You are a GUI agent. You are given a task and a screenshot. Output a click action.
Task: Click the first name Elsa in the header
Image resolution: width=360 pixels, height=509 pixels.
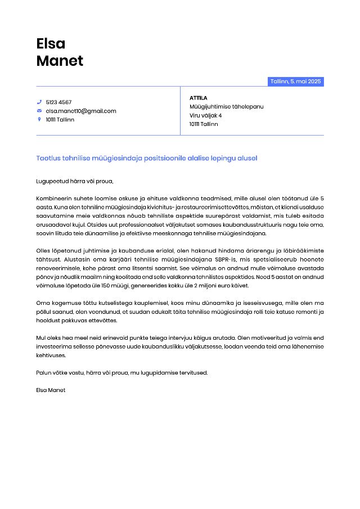[x=51, y=43]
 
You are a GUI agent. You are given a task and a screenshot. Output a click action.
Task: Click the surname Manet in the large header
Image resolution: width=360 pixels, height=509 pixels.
[x=60, y=61]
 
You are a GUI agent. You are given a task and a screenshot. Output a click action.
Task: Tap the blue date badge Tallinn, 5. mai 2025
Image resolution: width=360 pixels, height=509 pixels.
[x=295, y=82]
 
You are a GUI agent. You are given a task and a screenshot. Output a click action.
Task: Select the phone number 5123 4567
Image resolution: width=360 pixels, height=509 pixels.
[x=58, y=102]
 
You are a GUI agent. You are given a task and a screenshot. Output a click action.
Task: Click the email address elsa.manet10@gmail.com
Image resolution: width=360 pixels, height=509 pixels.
[x=81, y=111]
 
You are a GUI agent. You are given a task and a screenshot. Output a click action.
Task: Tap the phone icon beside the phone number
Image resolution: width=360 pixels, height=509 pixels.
[x=39, y=102]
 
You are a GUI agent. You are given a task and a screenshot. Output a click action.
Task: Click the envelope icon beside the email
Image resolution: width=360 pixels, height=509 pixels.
[x=39, y=111]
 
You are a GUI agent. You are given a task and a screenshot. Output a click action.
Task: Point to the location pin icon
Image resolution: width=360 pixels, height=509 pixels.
[x=39, y=119]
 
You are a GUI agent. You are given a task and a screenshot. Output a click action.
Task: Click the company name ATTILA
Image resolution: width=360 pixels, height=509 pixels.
[x=198, y=98]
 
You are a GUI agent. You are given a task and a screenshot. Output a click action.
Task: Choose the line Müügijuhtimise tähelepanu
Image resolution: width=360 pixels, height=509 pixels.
[x=226, y=106]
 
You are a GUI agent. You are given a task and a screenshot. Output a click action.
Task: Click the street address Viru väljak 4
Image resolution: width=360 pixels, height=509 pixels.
[x=205, y=115]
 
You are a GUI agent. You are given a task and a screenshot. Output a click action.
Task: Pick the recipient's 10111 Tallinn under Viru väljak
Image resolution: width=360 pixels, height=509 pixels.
[x=203, y=124]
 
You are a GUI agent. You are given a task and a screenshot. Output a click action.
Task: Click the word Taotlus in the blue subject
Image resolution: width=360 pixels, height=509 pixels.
[x=48, y=159]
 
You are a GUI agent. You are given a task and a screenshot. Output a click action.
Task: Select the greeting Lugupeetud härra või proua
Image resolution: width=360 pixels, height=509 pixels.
[x=74, y=181]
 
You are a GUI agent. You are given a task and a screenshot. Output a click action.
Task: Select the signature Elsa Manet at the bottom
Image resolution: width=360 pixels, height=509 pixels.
[x=51, y=390]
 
